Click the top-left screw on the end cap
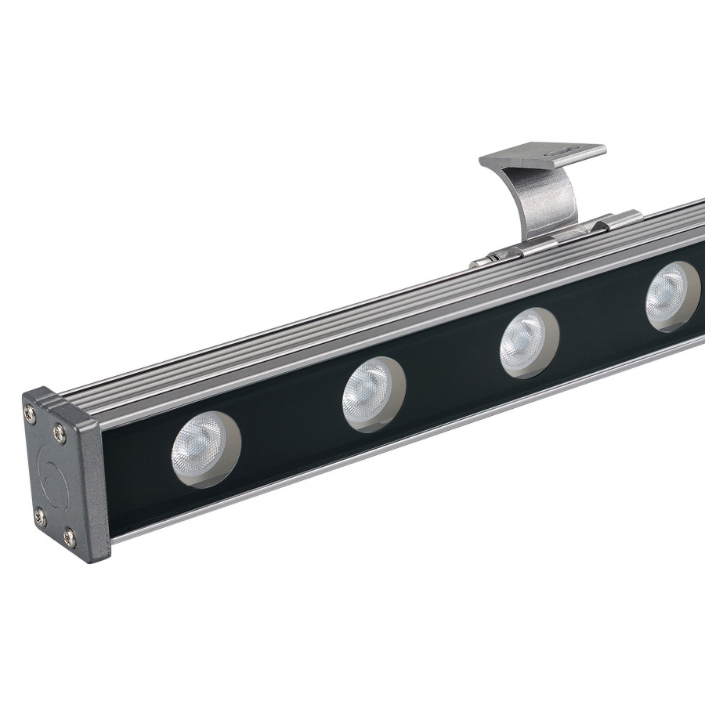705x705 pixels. [32, 407]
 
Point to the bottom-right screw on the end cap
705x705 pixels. [69, 537]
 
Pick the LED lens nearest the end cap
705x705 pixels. [206, 449]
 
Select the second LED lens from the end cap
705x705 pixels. [373, 394]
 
